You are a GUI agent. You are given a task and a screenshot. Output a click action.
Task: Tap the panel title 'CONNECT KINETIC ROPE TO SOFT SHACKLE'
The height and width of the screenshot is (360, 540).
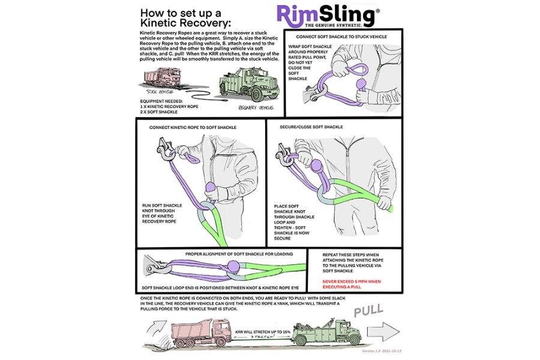[x=193, y=128]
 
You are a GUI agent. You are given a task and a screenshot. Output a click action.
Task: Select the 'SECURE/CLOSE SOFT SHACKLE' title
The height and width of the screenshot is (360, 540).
[x=311, y=127]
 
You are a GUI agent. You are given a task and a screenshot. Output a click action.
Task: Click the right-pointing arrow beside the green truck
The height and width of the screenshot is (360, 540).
[x=383, y=331]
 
